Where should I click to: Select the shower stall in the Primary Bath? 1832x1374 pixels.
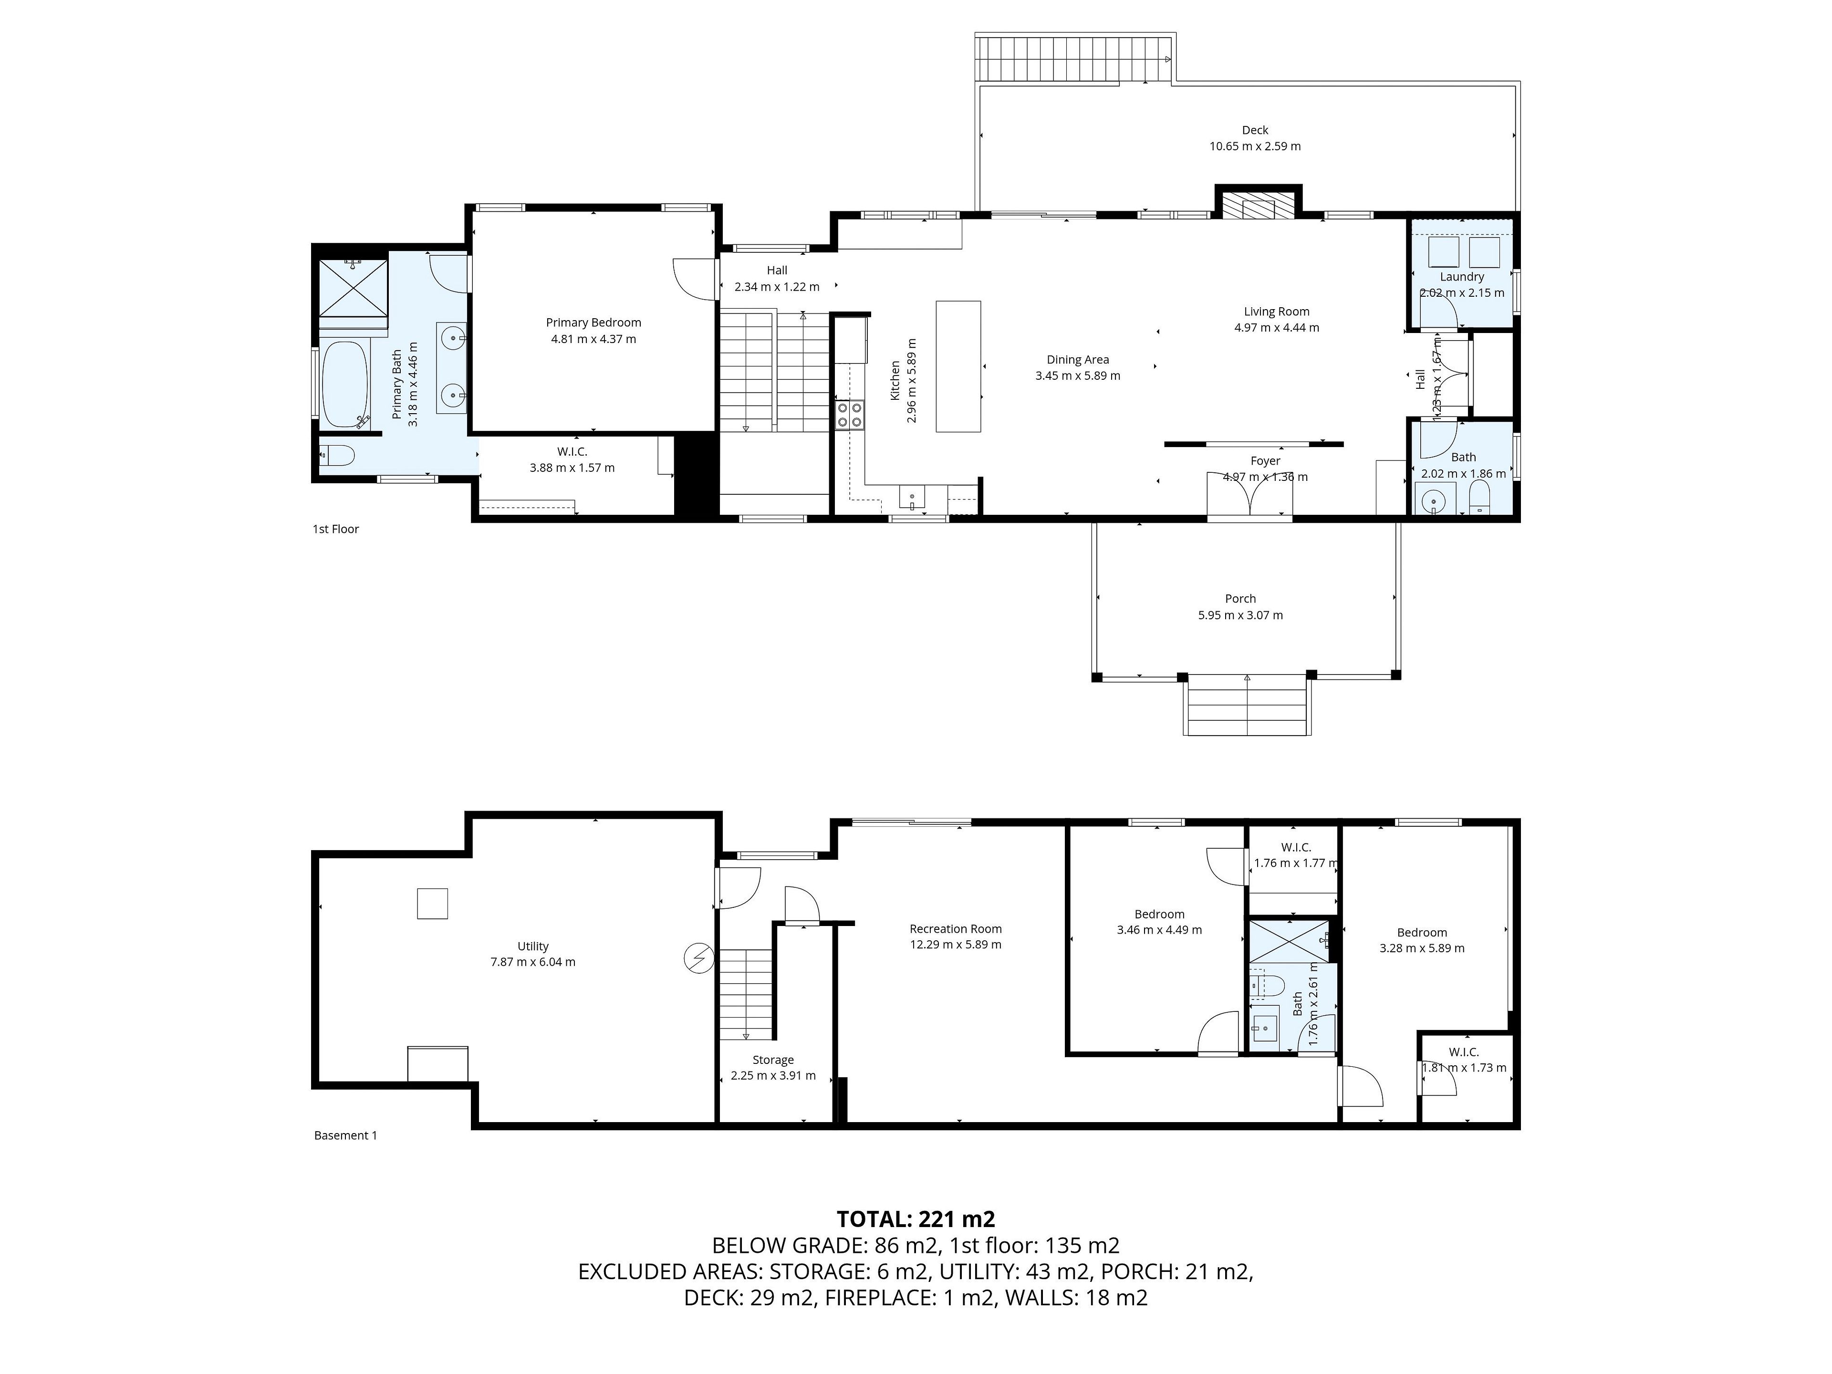[x=354, y=287]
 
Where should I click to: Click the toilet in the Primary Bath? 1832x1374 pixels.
[x=337, y=455]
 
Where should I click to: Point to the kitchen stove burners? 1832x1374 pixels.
[x=849, y=414]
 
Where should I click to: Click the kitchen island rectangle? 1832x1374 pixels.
[x=958, y=366]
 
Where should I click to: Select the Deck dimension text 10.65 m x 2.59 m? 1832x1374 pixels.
[x=1255, y=146]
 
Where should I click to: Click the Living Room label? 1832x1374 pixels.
[x=1276, y=312]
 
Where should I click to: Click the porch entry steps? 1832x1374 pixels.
[x=1247, y=705]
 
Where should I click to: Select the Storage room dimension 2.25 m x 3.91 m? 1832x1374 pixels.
[x=773, y=1076]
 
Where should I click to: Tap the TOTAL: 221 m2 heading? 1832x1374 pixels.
[x=916, y=1219]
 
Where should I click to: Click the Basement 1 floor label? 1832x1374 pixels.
[x=345, y=1135]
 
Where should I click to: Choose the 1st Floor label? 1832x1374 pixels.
[x=335, y=529]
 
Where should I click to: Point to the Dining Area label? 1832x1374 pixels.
[x=1078, y=359]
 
